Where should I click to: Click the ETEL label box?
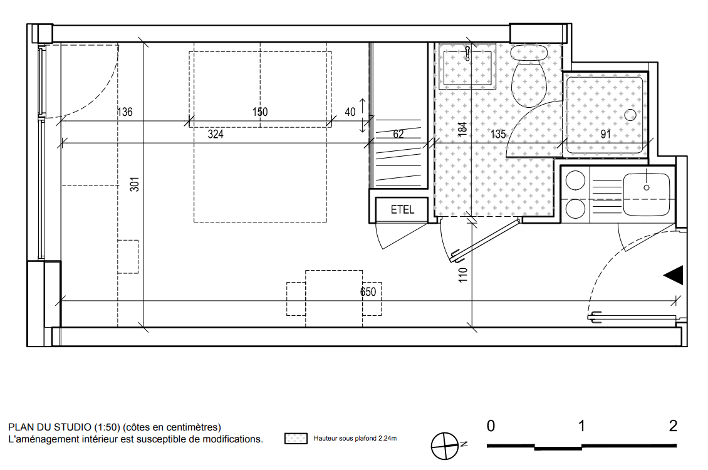402,209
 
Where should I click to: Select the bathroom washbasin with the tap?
468,68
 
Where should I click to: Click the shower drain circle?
630,115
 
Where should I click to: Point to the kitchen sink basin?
646,194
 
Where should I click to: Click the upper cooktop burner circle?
575,180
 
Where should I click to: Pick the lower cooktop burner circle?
575,209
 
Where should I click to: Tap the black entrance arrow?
674,275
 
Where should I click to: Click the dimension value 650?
368,291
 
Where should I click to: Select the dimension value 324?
216,134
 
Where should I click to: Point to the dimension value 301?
135,184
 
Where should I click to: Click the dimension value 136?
125,112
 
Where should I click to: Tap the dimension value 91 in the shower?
605,134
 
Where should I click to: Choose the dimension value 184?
462,129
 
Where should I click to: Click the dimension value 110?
463,275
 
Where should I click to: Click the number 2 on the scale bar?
673,426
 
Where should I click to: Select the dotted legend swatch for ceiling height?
296,439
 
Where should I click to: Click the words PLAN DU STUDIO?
49,427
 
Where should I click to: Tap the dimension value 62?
398,134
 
